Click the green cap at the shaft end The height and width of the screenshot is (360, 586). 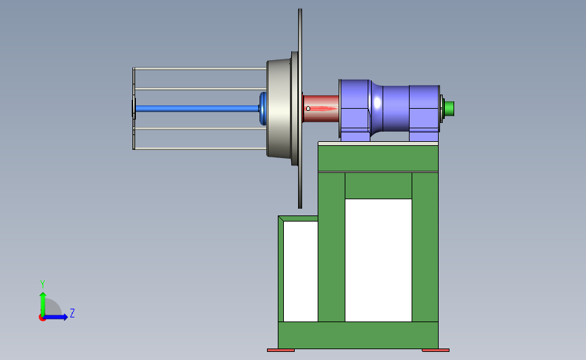coord(449,108)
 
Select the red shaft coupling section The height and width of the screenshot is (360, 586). coord(321,109)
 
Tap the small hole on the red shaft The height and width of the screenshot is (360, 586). coord(308,109)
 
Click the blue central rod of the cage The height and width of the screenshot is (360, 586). coord(197,109)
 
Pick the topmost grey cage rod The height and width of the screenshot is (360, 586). coord(200,69)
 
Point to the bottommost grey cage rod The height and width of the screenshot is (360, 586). coord(200,149)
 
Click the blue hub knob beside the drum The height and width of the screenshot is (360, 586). coord(263,109)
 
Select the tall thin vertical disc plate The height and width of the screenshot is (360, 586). coord(300,108)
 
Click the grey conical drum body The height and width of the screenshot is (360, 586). coord(278,108)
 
